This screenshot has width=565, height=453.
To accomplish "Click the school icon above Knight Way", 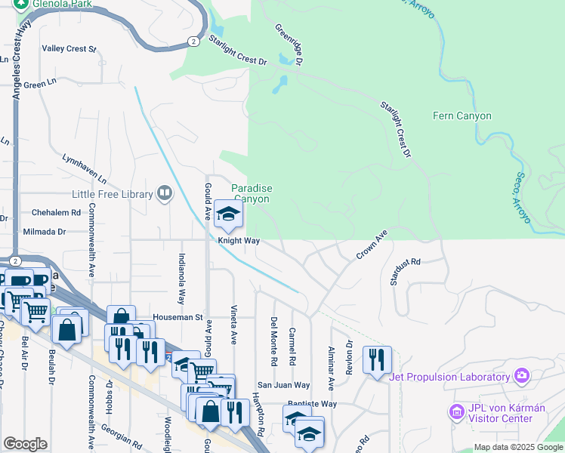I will coord(227,214).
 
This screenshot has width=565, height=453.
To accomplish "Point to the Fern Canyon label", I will coord(462,116).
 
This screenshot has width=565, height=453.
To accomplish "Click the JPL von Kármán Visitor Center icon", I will coord(456,412).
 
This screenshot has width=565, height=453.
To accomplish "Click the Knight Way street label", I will coord(239,241).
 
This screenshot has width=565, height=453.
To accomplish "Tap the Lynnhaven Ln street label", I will coord(85,169).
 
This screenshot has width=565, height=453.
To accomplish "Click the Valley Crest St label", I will coord(69,49).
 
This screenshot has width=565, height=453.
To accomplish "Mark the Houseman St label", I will coord(178,317).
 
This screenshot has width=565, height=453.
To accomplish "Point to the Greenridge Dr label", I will coord(289,44).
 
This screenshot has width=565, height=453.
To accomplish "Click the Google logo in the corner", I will coord(25,444).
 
